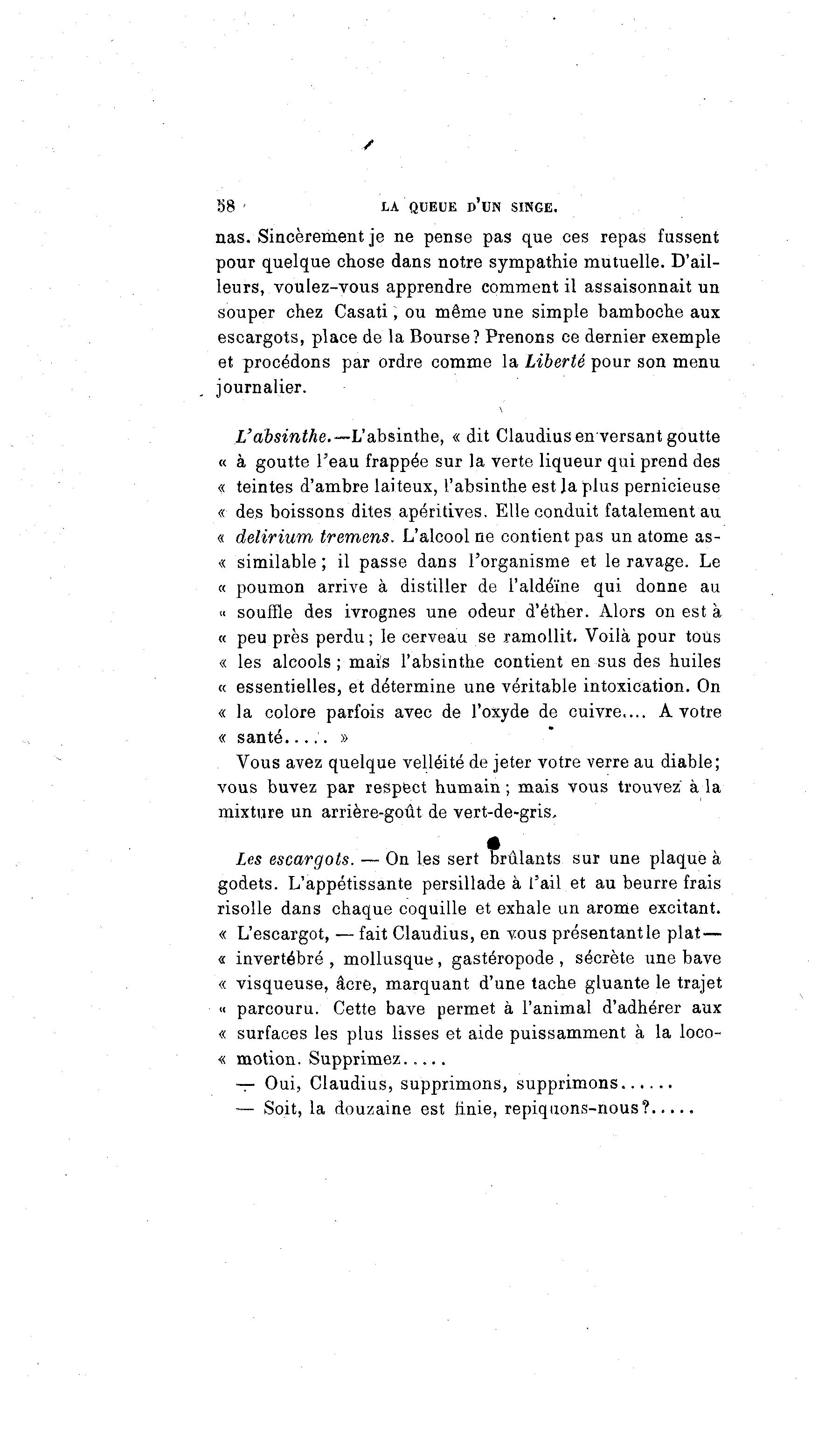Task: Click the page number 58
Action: point(226,206)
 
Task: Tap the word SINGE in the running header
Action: point(534,208)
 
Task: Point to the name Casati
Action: point(361,312)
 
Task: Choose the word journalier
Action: point(262,388)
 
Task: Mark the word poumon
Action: point(270,586)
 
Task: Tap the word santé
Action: point(260,737)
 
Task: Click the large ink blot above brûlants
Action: point(494,843)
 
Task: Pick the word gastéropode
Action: point(503,959)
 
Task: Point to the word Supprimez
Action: point(354,1059)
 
